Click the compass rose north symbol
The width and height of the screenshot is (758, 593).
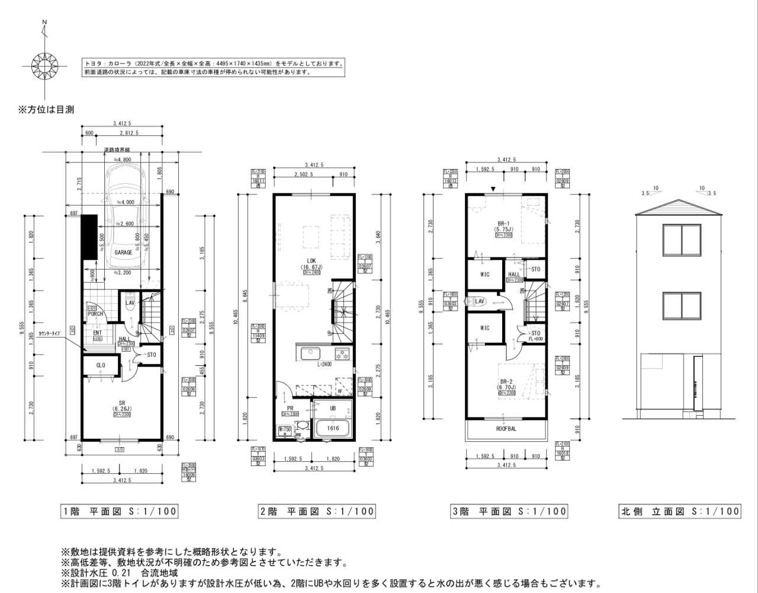[44, 62]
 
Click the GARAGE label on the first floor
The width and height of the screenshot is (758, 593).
[123, 252]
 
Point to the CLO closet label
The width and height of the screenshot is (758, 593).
[101, 366]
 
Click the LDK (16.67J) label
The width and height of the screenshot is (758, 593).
[311, 264]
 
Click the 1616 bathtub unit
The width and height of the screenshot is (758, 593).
[333, 428]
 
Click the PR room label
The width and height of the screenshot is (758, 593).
[290, 408]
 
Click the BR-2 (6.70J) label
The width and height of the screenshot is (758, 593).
[506, 384]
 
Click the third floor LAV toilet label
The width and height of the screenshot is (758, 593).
[480, 301]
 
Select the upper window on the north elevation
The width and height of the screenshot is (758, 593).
[680, 241]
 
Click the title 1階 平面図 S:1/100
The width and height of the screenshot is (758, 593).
[119, 511]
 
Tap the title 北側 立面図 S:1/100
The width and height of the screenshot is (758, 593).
[680, 511]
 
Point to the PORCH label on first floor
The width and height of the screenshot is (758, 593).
[95, 314]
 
